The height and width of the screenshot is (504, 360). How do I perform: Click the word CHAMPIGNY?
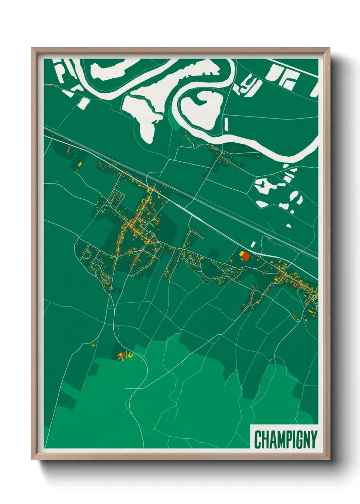285,439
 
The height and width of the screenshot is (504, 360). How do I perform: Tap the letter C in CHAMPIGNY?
258,439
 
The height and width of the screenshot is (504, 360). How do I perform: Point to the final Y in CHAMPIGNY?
313,439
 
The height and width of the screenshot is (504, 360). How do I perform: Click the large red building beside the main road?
246,256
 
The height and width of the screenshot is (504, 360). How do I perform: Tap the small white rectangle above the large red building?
253,244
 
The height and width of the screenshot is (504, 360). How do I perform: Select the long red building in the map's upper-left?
69,149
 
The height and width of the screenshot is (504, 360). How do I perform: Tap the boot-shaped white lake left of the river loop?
145,114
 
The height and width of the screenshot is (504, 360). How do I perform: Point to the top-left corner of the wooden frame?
32,48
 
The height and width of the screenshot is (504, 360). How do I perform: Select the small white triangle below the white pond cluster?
289,225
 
